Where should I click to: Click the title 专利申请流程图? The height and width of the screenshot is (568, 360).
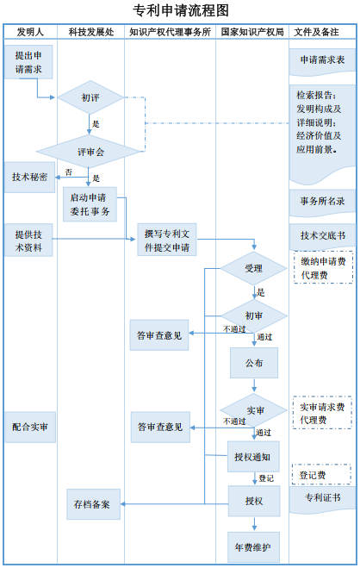click(x=181, y=10)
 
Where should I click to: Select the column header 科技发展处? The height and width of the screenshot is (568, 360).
click(x=90, y=32)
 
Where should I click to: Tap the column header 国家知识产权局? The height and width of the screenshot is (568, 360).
click(x=252, y=32)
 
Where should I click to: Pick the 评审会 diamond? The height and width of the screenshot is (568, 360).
click(x=90, y=152)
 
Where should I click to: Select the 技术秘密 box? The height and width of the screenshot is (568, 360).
click(x=29, y=177)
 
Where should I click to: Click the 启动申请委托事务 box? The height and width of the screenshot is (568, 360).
click(x=90, y=204)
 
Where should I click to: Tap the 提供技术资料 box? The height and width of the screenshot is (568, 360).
click(x=29, y=240)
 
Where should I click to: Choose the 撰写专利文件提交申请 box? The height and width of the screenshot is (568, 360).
click(x=168, y=240)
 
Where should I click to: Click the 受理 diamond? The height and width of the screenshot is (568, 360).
click(x=253, y=268)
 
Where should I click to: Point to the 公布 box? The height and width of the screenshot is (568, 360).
click(x=253, y=363)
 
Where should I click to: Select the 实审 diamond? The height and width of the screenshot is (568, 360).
click(x=254, y=409)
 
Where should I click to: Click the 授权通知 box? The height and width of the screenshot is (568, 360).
click(x=253, y=457)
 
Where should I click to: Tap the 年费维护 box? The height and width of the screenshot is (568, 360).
click(x=253, y=546)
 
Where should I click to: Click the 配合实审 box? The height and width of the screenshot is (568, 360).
click(x=29, y=427)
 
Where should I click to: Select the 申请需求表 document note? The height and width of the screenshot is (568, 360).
click(x=322, y=61)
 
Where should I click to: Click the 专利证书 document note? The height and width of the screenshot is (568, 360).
click(x=322, y=499)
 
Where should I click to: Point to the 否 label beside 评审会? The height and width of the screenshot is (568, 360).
click(x=68, y=172)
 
